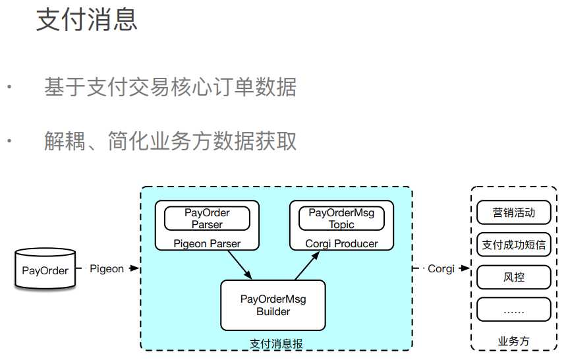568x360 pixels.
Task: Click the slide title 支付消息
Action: tap(86, 20)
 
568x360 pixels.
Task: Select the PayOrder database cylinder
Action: tap(45, 270)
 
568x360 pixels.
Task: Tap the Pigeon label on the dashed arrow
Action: tap(107, 269)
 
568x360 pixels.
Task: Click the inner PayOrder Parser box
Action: tap(207, 218)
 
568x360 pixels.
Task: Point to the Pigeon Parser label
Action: tap(207, 244)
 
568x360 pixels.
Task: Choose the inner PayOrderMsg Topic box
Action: tap(341, 218)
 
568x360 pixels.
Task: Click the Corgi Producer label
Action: tap(341, 244)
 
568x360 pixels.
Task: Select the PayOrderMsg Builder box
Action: tap(273, 305)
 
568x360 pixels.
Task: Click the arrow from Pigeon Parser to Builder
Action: tap(238, 264)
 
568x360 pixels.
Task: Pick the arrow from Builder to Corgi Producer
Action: tap(307, 264)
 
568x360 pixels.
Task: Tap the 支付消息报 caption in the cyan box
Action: tap(276, 343)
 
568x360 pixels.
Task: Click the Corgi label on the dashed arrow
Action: tap(441, 269)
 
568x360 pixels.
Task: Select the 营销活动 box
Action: tap(513, 212)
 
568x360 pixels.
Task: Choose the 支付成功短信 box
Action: tap(513, 245)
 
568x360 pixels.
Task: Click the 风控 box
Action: tap(513, 277)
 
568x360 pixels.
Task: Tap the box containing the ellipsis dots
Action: tap(513, 309)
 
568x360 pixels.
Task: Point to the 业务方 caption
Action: tap(513, 342)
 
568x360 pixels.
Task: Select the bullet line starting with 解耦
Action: tap(170, 141)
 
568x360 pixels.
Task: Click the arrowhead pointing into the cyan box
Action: tap(135, 269)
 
